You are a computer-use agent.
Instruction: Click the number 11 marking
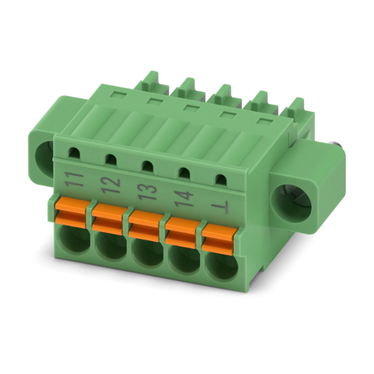click(74, 180)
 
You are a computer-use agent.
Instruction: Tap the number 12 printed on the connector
click(110, 186)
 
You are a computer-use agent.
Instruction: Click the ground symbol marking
click(221, 207)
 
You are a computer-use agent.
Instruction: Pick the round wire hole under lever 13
click(147, 252)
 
